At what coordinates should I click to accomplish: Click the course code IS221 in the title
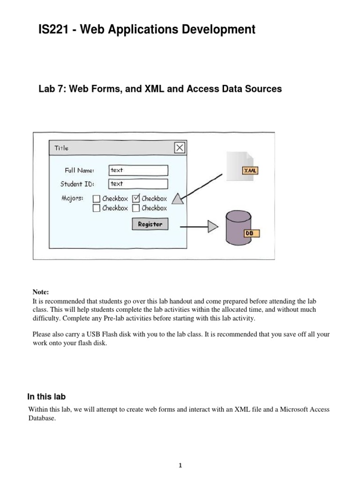pyautogui.click(x=52, y=30)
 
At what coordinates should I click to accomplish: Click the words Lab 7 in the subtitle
pyautogui.click(x=52, y=89)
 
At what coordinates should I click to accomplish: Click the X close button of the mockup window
pyautogui.click(x=180, y=148)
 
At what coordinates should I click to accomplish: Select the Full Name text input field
pyautogui.click(x=138, y=170)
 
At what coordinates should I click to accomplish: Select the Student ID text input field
pyautogui.click(x=138, y=184)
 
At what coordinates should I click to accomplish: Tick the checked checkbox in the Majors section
pyautogui.click(x=136, y=199)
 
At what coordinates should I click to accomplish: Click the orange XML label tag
pyautogui.click(x=249, y=171)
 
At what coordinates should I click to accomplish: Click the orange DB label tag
pyautogui.click(x=251, y=233)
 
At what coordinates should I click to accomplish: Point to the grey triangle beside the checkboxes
pyautogui.click(x=177, y=199)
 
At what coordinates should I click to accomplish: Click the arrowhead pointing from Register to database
pyautogui.click(x=213, y=227)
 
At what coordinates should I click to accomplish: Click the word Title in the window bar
pyautogui.click(x=61, y=148)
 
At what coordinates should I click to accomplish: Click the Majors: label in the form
pyautogui.click(x=73, y=198)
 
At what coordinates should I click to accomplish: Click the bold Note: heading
pyautogui.click(x=40, y=292)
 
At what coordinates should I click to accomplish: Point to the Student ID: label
pyautogui.click(x=77, y=184)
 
